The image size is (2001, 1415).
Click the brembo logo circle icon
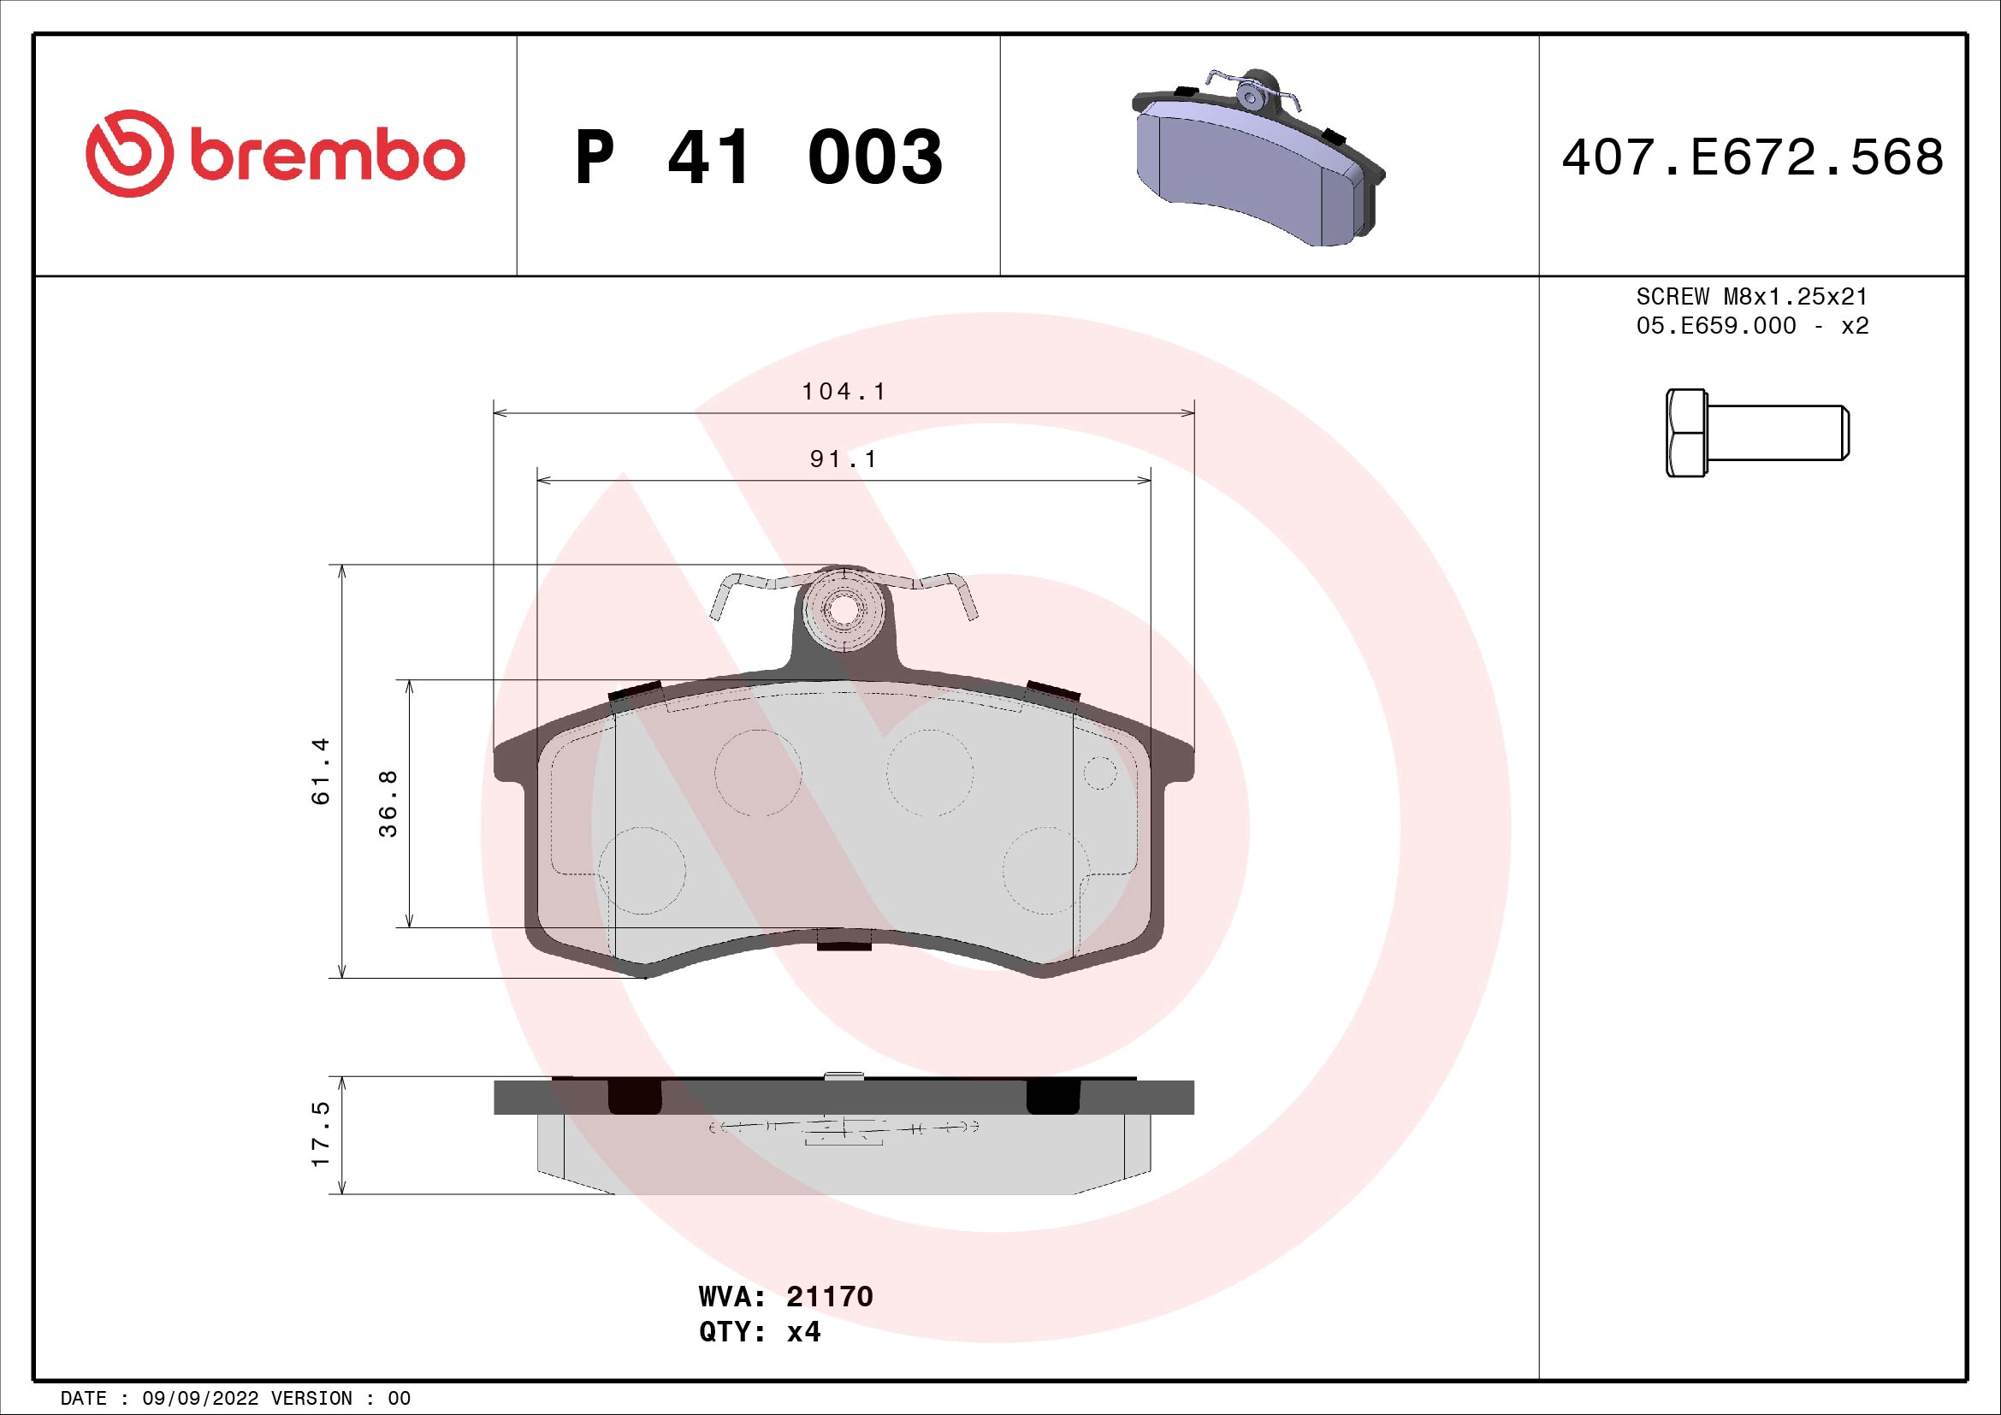tap(126, 153)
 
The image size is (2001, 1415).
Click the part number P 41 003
tap(758, 157)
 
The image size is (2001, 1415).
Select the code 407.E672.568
tap(1752, 157)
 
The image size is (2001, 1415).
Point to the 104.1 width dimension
tap(843, 392)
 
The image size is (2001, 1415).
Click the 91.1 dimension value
tap(843, 459)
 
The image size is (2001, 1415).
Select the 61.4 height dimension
tap(321, 770)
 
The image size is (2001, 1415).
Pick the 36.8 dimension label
tap(388, 803)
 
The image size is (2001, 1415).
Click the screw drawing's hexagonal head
tap(1685, 433)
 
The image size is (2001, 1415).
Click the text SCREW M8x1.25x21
tap(1752, 296)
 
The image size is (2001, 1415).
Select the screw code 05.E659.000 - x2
tap(1752, 326)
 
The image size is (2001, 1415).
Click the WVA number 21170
tap(829, 1296)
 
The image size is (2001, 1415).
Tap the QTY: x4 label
tap(759, 1332)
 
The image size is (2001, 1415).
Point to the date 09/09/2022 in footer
tap(199, 1399)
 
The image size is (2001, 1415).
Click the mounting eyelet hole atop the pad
tap(841, 611)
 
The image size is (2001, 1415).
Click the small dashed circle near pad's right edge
tap(1100, 773)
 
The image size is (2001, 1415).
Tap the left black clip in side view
tap(634, 1096)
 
